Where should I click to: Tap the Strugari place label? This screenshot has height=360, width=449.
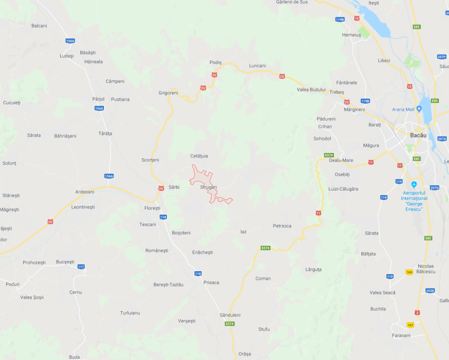pyautogui.click(x=208, y=187)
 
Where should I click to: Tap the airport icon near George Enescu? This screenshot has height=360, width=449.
pyautogui.click(x=414, y=184)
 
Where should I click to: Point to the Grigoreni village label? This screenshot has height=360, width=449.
pyautogui.click(x=168, y=93)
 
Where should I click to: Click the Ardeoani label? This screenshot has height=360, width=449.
pyautogui.click(x=85, y=192)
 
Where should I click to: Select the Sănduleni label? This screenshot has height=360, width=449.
pyautogui.click(x=230, y=315)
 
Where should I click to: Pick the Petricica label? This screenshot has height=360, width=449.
pyautogui.click(x=282, y=226)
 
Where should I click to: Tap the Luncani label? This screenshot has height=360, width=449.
pyautogui.click(x=257, y=65)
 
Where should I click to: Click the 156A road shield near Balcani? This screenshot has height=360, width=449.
pyautogui.click(x=70, y=41)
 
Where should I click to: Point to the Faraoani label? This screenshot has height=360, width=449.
pyautogui.click(x=402, y=335)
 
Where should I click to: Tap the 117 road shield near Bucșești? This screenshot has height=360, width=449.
pyautogui.click(x=81, y=266)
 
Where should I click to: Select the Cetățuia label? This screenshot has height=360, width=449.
pyautogui.click(x=199, y=156)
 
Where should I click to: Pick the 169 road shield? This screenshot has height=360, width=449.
pyautogui.click(x=409, y=272)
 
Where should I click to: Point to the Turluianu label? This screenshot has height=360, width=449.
pyautogui.click(x=130, y=313)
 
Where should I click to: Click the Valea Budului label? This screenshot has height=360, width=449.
pyautogui.click(x=311, y=90)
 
